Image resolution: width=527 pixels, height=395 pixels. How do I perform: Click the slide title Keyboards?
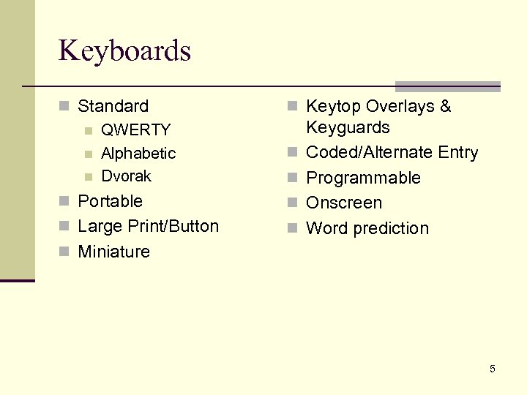tap(124, 51)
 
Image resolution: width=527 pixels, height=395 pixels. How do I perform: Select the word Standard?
tap(113, 107)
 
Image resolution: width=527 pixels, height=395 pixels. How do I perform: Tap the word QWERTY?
tap(135, 130)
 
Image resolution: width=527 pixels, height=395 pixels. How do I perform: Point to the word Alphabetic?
tap(138, 154)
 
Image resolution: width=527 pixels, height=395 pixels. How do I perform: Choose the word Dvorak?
tap(126, 176)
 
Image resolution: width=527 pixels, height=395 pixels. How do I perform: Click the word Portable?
tap(110, 201)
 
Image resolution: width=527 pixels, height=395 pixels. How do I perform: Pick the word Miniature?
tap(113, 252)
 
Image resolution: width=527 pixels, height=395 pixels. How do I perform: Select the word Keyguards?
tap(348, 128)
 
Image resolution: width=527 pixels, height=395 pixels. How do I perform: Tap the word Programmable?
tap(363, 178)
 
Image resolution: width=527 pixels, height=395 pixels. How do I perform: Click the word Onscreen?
tap(344, 203)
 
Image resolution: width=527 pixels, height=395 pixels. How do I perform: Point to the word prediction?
tap(392, 228)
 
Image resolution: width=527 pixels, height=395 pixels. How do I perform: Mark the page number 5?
tap(493, 369)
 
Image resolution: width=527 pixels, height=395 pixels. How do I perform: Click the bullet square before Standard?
tap(64, 107)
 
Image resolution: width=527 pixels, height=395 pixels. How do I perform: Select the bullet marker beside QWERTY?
tap(89, 131)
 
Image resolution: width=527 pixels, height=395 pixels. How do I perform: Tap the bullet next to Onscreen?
tap(293, 203)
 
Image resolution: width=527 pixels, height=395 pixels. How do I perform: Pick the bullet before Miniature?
tap(64, 252)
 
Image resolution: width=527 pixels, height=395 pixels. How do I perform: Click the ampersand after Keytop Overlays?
tap(445, 107)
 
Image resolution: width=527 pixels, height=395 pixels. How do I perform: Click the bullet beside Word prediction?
tap(293, 228)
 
